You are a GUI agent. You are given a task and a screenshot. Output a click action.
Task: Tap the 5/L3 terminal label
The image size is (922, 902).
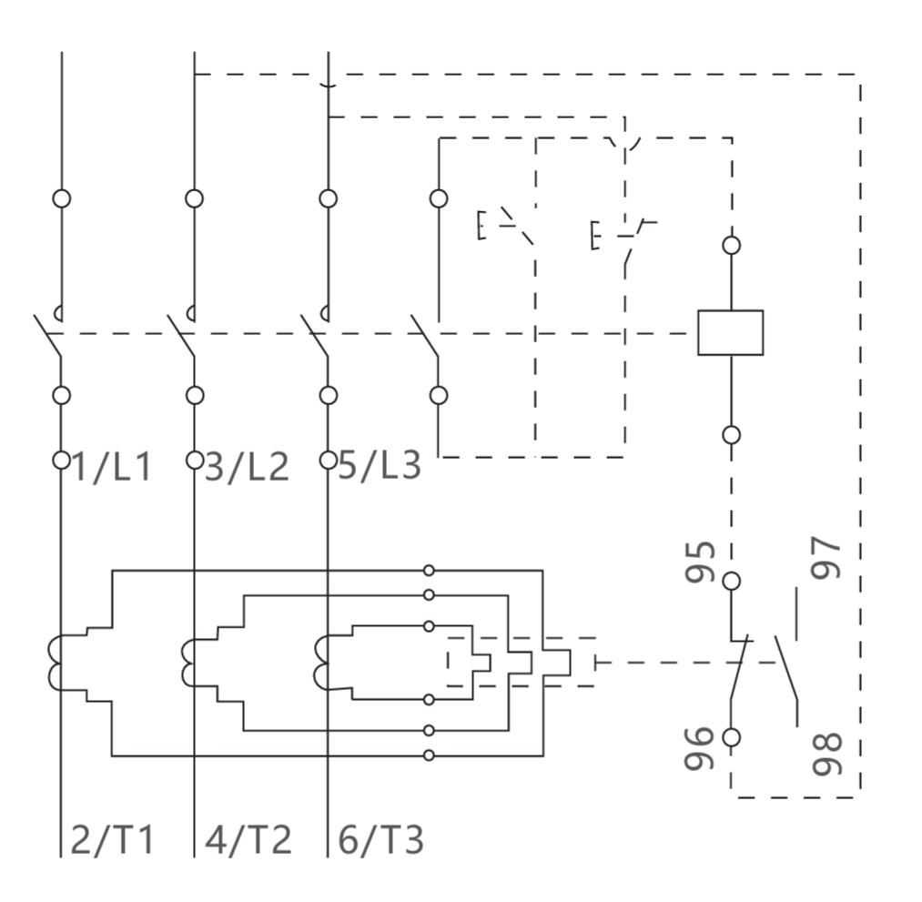380,465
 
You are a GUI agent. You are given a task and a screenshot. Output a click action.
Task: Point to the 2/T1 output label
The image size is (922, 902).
112,840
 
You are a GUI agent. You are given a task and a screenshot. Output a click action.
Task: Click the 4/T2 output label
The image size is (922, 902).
248,840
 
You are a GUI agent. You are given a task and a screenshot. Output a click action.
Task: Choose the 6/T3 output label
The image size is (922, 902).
380,840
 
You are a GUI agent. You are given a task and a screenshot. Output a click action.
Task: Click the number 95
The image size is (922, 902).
700,562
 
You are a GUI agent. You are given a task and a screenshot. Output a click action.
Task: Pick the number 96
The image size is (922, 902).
699,748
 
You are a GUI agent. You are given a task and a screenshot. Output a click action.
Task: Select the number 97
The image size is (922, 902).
826,558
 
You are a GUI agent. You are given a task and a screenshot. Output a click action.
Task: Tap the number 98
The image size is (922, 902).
827,754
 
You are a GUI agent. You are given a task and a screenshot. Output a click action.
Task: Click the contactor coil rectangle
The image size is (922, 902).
730,333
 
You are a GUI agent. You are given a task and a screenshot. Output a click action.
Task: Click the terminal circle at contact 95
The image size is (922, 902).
732,581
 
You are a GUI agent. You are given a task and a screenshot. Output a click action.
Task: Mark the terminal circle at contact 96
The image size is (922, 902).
732,737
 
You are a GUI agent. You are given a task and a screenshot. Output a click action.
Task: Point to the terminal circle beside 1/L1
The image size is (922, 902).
61,460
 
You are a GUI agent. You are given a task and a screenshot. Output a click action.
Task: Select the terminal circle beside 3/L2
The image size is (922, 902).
195,460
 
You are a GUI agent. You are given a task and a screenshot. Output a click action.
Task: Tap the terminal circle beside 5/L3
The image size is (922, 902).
328,460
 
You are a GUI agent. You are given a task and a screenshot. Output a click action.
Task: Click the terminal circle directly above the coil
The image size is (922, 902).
732,245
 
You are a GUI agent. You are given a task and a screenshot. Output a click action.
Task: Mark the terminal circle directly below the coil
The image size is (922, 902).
732,435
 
